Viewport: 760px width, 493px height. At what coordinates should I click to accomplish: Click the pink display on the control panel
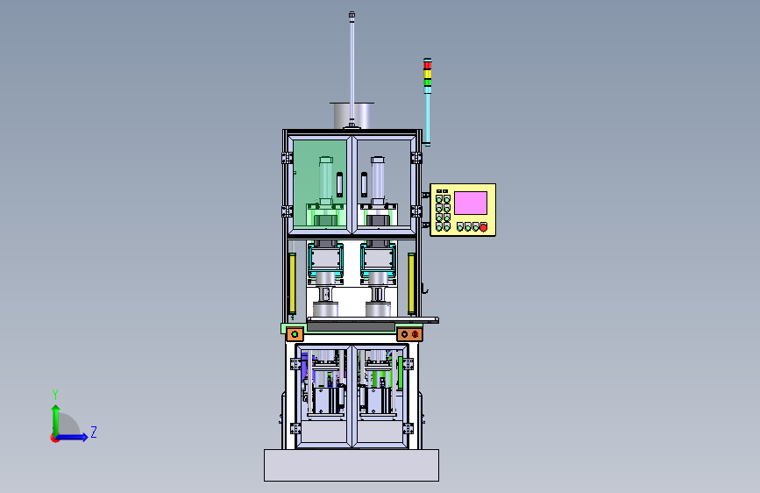(470, 203)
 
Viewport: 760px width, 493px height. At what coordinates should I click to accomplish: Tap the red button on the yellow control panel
(483, 227)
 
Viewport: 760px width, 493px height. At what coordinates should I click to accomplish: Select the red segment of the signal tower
(427, 65)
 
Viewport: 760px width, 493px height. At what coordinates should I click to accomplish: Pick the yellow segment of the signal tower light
(427, 74)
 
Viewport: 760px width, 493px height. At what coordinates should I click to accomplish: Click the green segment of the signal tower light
(427, 82)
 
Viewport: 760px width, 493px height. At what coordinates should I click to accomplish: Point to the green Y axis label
(55, 395)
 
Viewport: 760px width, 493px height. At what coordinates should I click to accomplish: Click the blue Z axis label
(94, 432)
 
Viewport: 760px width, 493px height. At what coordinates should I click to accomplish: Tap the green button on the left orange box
(295, 334)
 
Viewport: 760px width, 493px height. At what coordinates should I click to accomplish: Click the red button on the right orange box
(415, 334)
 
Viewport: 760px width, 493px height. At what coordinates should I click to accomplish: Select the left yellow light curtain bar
(292, 284)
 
